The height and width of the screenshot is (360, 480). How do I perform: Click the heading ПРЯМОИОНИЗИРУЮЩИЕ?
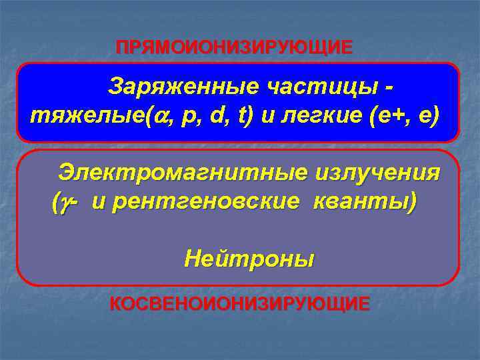coord(234,48)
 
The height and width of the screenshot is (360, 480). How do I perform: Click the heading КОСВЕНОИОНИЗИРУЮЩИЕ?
coord(239,304)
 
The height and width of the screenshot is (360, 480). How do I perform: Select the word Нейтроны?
coord(249,257)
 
